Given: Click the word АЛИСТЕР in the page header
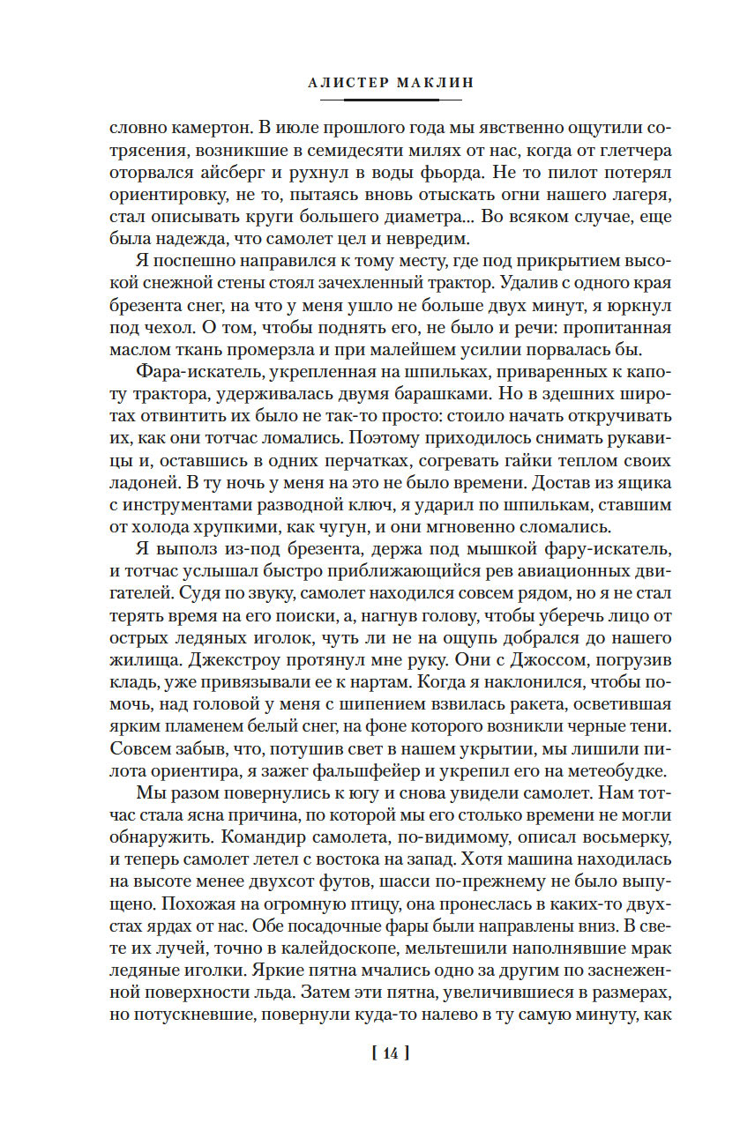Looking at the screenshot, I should tap(345, 82).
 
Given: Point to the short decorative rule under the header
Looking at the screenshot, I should tap(377, 99).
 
